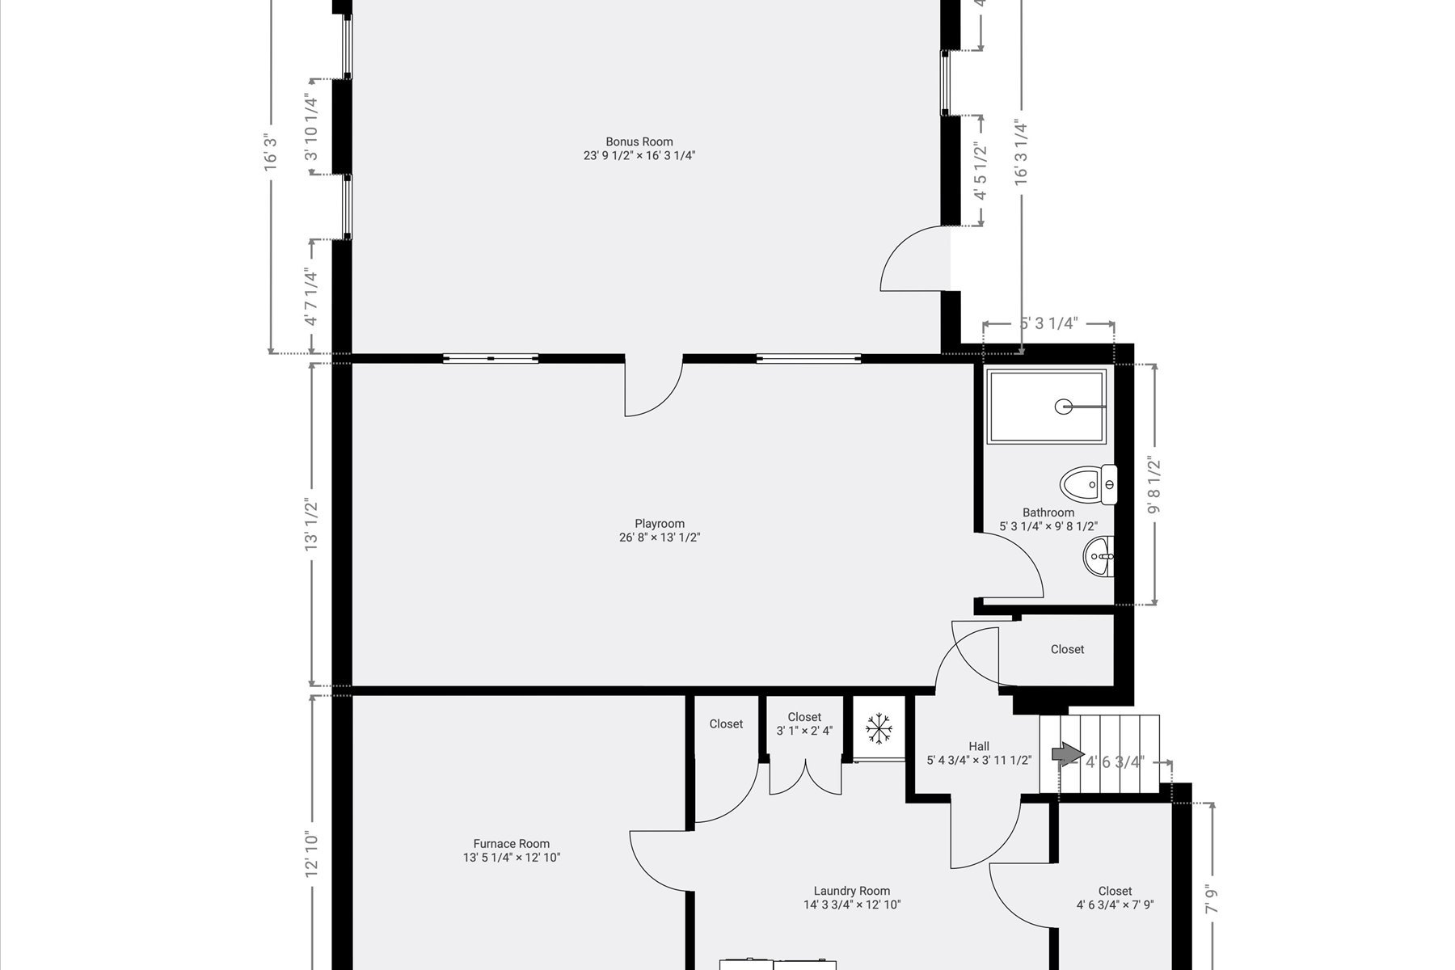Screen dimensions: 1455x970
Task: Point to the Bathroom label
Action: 1048,512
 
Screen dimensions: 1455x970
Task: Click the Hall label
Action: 979,746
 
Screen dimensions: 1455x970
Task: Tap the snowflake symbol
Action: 878,728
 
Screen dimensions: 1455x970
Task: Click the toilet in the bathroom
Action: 1088,485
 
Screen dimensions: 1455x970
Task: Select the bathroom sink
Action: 1099,556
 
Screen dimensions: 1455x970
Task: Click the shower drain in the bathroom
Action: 1064,407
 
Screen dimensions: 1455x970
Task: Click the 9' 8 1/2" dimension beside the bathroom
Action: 1154,486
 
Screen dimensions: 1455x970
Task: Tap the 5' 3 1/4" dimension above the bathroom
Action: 1048,324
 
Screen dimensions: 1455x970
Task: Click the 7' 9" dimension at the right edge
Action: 1211,900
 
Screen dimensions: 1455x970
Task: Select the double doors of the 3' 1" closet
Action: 804,778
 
